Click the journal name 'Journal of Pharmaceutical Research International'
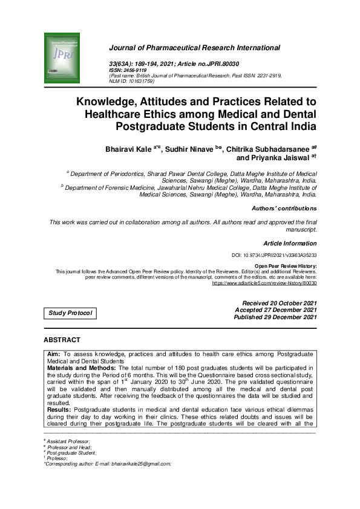click(194, 48)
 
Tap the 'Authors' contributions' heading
click(284, 209)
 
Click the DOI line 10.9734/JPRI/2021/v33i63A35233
click(274, 256)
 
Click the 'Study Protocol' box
click(70, 313)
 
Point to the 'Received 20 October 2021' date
click(279, 303)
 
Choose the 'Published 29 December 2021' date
click(275, 317)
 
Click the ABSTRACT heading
click(62, 340)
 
